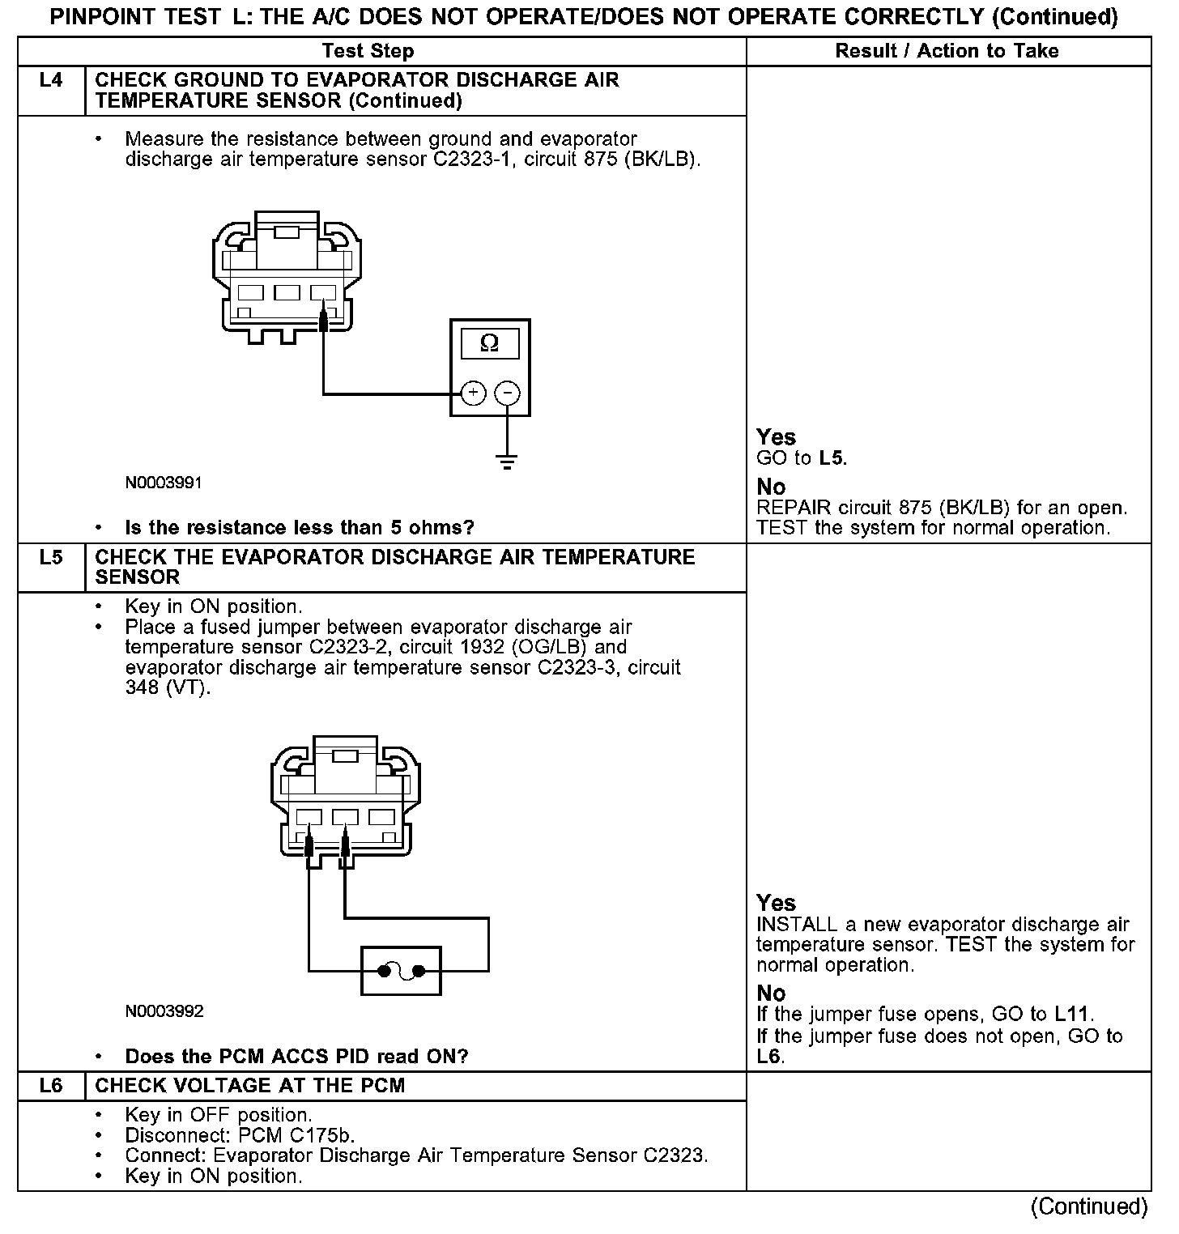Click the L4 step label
(x=50, y=80)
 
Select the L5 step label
(x=50, y=557)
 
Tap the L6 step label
(x=50, y=1086)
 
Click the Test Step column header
(x=368, y=51)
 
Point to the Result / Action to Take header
(x=947, y=51)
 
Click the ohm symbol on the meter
(x=489, y=344)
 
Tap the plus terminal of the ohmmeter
(x=473, y=394)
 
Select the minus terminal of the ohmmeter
(x=507, y=394)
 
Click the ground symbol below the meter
(x=507, y=462)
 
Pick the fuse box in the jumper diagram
(x=401, y=970)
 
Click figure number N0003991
(x=164, y=483)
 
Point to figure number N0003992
(x=164, y=1011)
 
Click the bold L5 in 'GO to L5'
(x=832, y=458)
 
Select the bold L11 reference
(x=1073, y=1015)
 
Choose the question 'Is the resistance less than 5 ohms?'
(x=299, y=528)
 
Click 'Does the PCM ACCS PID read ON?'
(x=296, y=1057)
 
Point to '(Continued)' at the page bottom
(x=1088, y=1206)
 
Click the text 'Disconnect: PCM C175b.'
(x=240, y=1135)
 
